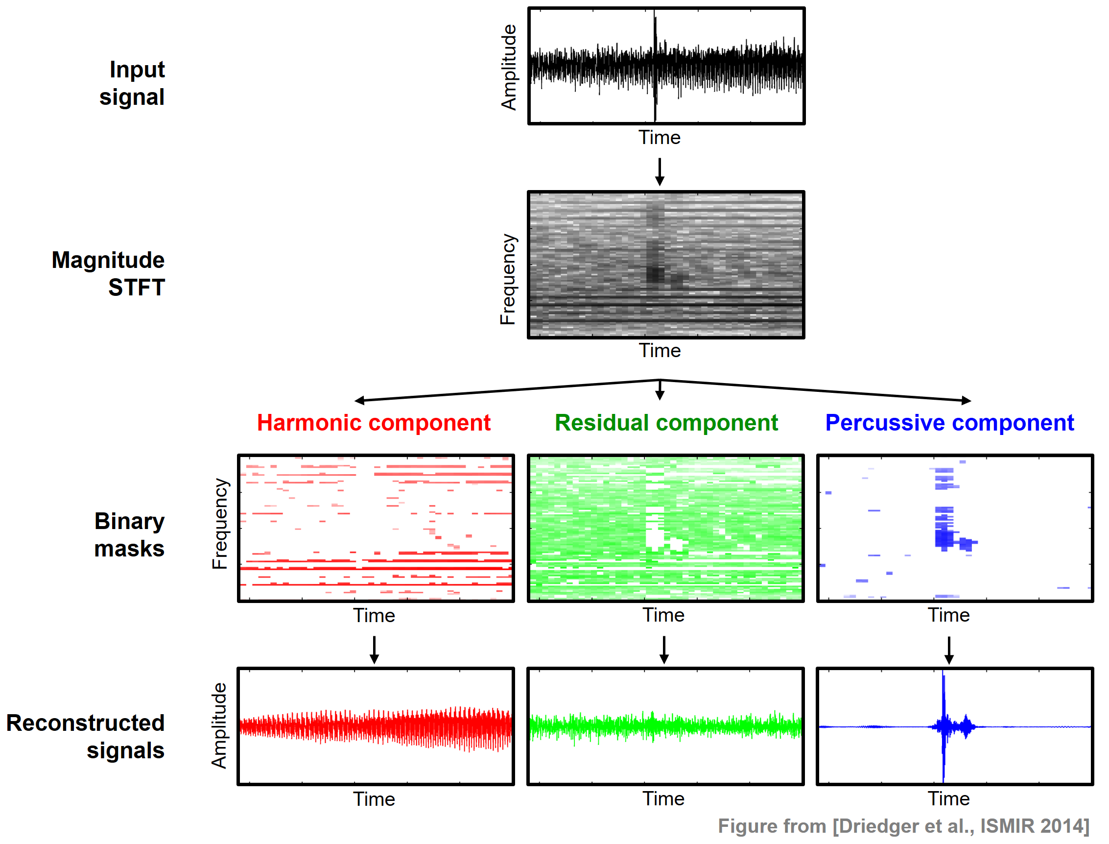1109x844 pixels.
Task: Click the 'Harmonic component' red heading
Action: [x=374, y=423]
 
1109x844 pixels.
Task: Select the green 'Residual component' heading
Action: [x=666, y=423]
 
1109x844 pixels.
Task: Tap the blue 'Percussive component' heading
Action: [x=949, y=423]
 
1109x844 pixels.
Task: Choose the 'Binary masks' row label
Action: [x=129, y=534]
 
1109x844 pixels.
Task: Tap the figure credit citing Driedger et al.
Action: [x=903, y=826]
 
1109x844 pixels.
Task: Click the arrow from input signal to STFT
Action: [x=660, y=171]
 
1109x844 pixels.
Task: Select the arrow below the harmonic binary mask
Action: [x=374, y=650]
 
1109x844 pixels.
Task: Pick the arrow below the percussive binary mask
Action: [x=948, y=650]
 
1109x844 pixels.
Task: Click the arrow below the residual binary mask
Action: [x=664, y=650]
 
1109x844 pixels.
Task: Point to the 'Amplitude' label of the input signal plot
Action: [x=509, y=67]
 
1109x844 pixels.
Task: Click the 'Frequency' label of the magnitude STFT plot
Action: [x=508, y=279]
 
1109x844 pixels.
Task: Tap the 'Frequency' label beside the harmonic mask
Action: [x=220, y=524]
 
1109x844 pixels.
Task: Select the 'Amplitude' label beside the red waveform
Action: [x=219, y=725]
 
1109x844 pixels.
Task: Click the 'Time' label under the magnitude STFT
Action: [x=660, y=350]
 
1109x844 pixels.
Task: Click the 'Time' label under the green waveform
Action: [x=664, y=799]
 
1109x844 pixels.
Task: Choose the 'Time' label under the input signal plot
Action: [x=659, y=137]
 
